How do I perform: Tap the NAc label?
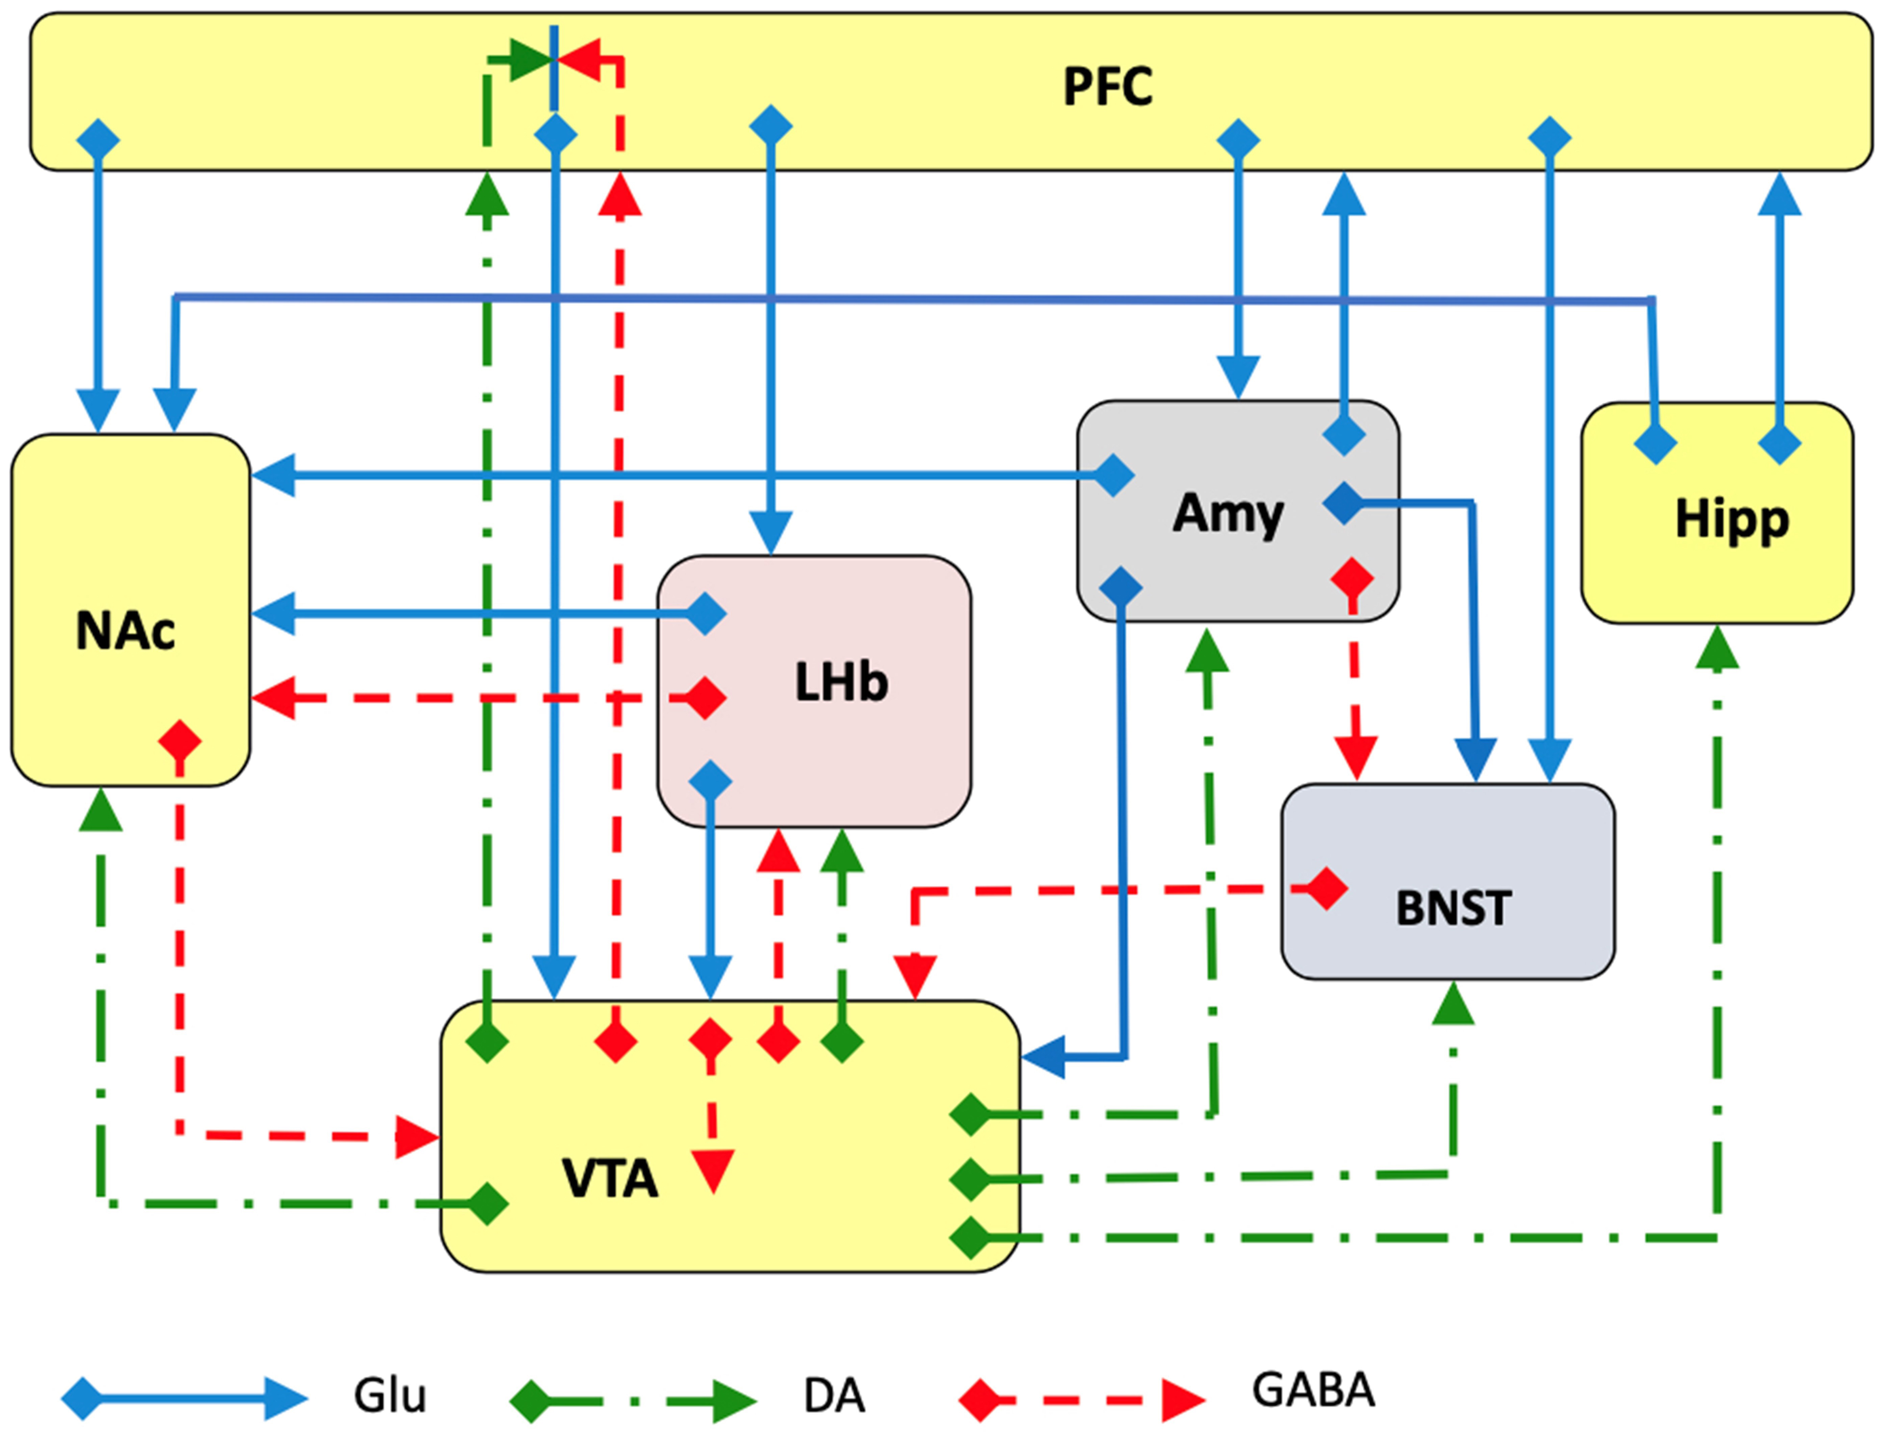coord(126,631)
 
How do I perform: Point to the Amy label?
coord(1227,513)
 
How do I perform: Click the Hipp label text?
coord(1731,518)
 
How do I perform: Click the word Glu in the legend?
coord(390,1396)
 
